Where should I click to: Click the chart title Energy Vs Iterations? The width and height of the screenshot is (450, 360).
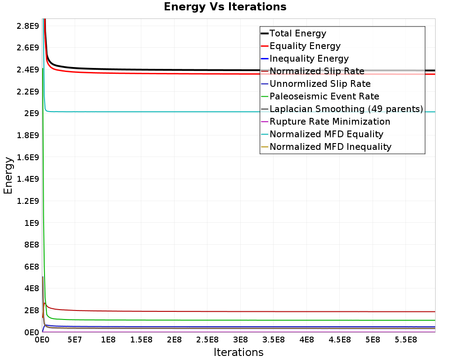coord(225,7)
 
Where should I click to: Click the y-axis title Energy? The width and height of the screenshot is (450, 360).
coord(8,175)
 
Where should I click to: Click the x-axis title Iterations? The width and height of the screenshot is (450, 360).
coord(238,352)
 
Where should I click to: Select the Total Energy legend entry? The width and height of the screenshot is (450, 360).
coord(297,33)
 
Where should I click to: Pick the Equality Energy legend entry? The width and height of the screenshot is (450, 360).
coord(305,46)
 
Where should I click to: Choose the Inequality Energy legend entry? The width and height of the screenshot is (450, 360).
coord(309,58)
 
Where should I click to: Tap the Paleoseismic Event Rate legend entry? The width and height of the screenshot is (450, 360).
coord(324,96)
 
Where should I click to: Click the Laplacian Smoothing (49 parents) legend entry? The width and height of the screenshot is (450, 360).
coord(346,109)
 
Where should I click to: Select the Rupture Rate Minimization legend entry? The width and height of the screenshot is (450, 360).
coord(329,121)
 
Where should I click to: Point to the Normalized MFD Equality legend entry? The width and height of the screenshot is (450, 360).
coord(326,134)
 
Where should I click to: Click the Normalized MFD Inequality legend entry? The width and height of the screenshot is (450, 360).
coord(330,147)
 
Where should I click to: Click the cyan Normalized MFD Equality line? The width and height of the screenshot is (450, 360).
coord(180,112)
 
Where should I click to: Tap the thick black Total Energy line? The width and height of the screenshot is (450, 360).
coord(180,70)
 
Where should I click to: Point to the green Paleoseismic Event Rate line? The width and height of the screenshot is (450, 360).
coord(180,320)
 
